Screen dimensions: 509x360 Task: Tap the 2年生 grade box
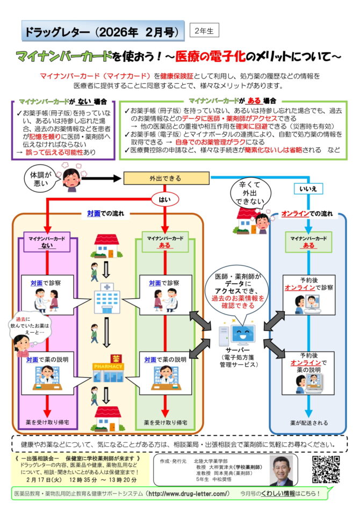pyautogui.click(x=204, y=31)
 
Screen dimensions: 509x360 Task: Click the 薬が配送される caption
pyautogui.click(x=308, y=423)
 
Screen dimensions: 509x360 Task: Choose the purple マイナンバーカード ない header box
pyautogui.click(x=48, y=241)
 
